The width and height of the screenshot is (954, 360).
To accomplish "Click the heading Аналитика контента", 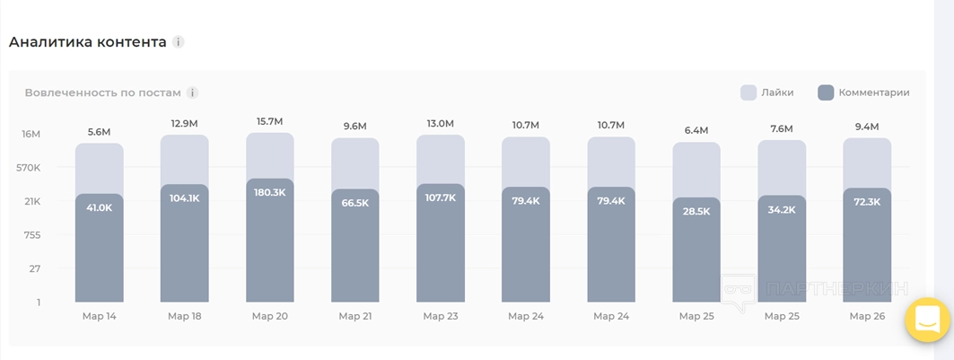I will (x=87, y=42).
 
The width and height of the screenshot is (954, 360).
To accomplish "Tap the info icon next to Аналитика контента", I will (x=179, y=42).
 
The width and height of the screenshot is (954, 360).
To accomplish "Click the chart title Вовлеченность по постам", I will (x=102, y=92).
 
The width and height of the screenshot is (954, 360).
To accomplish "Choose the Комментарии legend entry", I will (x=864, y=92).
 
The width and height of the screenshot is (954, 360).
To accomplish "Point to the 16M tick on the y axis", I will (x=31, y=134).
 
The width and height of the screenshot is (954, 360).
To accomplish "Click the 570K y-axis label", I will (x=29, y=168).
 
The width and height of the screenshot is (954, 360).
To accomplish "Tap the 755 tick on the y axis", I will (x=32, y=235).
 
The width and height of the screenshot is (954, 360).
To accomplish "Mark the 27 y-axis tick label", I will (x=34, y=268).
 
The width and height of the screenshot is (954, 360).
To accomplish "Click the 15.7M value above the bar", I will (x=269, y=121).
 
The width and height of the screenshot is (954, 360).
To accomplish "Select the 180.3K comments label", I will (x=269, y=192).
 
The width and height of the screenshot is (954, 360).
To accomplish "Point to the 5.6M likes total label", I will (x=99, y=132).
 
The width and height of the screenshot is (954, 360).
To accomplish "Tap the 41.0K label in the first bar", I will (x=99, y=207).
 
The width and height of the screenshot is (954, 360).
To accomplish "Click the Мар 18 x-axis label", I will (x=184, y=316).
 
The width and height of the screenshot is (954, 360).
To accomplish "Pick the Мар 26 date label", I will (x=867, y=316).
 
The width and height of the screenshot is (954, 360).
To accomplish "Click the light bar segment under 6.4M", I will (x=696, y=169).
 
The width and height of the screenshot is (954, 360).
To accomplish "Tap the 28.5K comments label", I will (x=696, y=211).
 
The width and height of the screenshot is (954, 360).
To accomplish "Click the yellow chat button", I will (x=928, y=320).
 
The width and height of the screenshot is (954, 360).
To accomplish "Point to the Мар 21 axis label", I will (x=355, y=316).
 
